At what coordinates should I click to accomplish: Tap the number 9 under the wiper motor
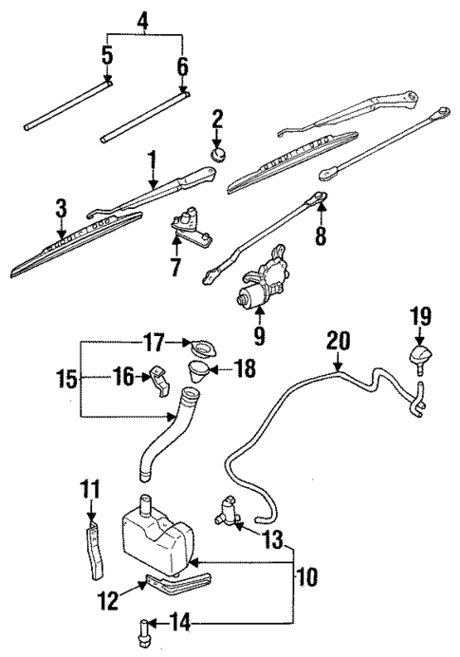260,334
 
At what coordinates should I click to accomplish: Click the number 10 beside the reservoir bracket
306,576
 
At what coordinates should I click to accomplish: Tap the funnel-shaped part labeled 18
197,370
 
